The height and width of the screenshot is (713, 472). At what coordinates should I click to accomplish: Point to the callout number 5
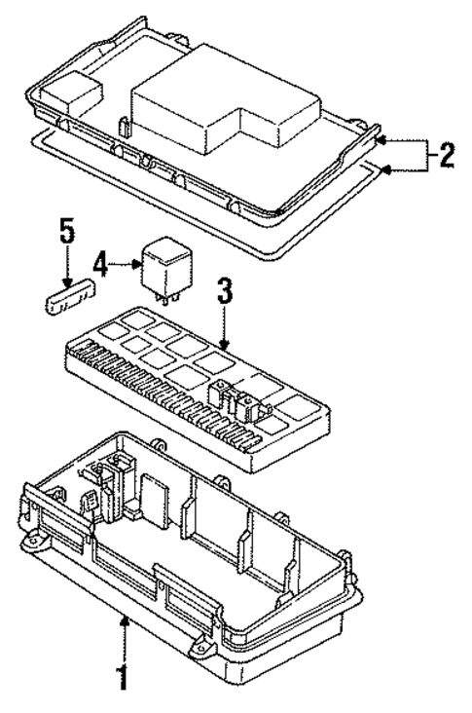[x=66, y=234]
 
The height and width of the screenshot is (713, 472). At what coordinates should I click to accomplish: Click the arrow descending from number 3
[x=223, y=326]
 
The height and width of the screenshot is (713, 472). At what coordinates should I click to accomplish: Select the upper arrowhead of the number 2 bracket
[x=384, y=138]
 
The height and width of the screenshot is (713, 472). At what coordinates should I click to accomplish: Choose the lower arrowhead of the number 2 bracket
[x=384, y=170]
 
